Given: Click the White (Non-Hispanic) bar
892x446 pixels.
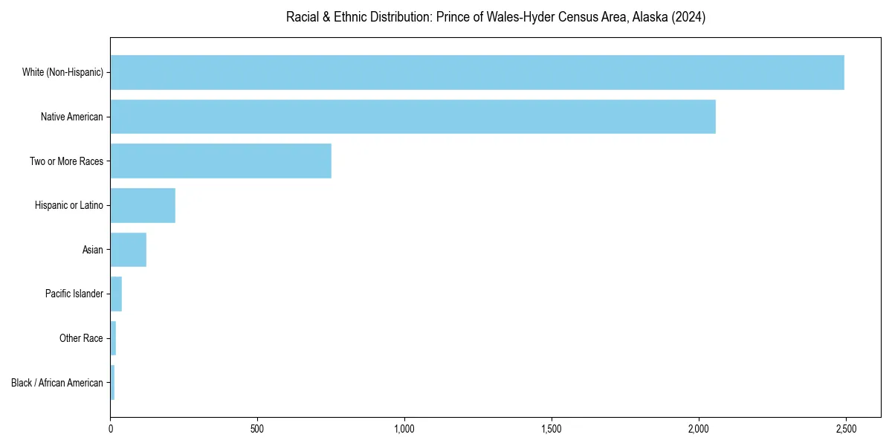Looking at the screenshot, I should pyautogui.click(x=477, y=72).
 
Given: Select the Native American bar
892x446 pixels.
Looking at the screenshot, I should pyautogui.click(x=413, y=117).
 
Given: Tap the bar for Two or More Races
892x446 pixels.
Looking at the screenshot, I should pyautogui.click(x=221, y=161).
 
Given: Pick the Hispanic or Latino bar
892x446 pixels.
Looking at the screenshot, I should pyautogui.click(x=143, y=205).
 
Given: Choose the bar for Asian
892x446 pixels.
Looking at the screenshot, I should pyautogui.click(x=129, y=250).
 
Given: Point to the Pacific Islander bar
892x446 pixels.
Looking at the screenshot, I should pyautogui.click(x=116, y=294).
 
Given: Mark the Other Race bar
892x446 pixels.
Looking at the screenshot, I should pyautogui.click(x=113, y=338).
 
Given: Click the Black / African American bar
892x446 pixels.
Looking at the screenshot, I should pyautogui.click(x=112, y=383).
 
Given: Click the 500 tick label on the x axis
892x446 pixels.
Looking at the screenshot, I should pyautogui.click(x=257, y=430).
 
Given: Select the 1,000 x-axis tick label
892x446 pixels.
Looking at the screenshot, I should pyautogui.click(x=404, y=430).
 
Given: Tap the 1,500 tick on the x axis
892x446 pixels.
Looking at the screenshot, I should pyautogui.click(x=552, y=430).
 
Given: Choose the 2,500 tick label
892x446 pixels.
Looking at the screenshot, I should pyautogui.click(x=846, y=430).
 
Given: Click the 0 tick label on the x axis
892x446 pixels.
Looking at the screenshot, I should pyautogui.click(x=111, y=430).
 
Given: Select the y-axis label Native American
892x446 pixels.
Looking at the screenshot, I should pyautogui.click(x=72, y=117).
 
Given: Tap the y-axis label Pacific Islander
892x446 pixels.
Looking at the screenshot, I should pyautogui.click(x=74, y=294).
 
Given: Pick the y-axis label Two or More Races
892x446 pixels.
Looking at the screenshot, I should pyautogui.click(x=66, y=161).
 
